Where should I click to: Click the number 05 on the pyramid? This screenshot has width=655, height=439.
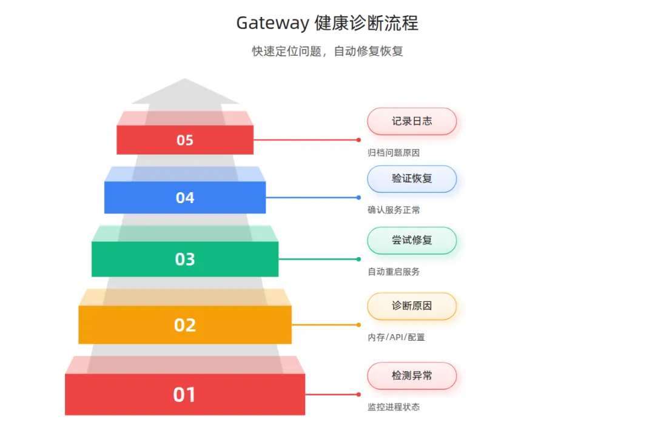click(x=185, y=140)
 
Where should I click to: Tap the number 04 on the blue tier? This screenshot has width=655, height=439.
click(x=185, y=198)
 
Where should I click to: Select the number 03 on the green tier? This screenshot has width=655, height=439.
click(x=185, y=259)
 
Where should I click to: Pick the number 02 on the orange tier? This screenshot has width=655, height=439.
click(x=185, y=325)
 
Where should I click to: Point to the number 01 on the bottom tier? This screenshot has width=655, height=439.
click(x=185, y=395)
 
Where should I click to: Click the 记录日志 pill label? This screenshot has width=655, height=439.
click(x=412, y=121)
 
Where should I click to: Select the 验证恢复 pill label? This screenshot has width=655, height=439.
click(x=412, y=179)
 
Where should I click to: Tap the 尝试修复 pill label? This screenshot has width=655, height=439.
click(x=412, y=240)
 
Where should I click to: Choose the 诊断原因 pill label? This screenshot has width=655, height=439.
click(x=412, y=306)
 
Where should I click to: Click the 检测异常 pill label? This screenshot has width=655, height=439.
click(x=412, y=376)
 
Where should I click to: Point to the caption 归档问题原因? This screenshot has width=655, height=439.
click(x=394, y=153)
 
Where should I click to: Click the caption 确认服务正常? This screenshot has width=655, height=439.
click(x=394, y=210)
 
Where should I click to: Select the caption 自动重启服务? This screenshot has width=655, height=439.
click(x=394, y=272)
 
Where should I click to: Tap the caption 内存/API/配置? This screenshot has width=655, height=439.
click(x=396, y=337)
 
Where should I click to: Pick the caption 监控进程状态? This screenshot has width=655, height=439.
click(x=394, y=407)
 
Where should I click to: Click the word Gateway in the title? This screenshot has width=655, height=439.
click(x=273, y=24)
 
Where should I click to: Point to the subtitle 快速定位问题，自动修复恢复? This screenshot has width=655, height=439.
click(x=327, y=52)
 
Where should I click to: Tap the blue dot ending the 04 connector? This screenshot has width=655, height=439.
click(x=358, y=198)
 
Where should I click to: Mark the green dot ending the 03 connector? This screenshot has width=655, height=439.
click(x=358, y=259)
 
